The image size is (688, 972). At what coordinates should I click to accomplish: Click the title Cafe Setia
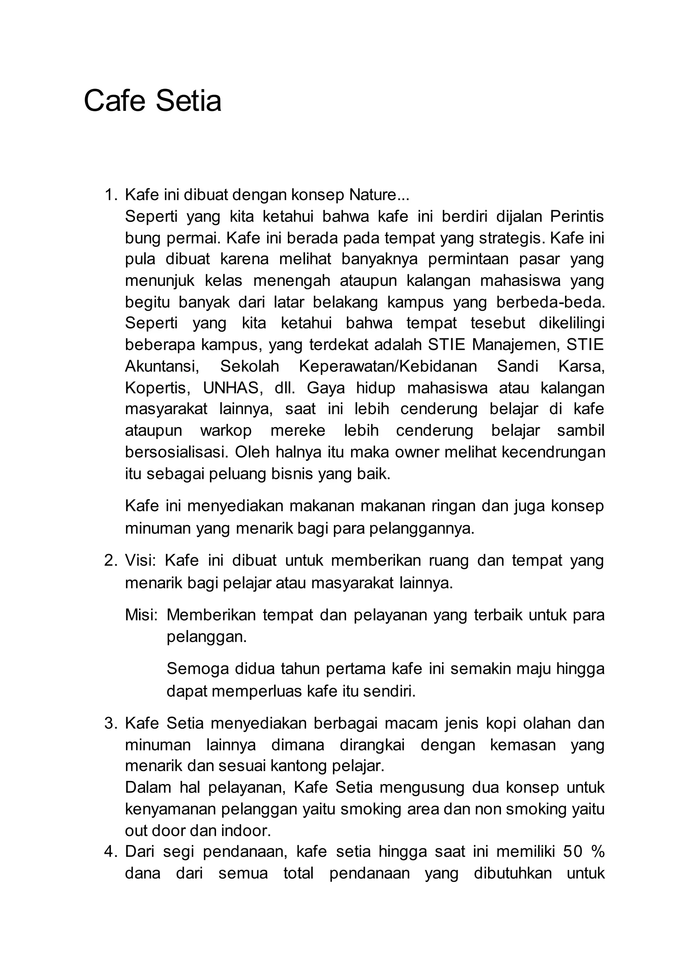(x=153, y=101)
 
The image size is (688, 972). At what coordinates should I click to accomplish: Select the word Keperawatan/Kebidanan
(x=388, y=366)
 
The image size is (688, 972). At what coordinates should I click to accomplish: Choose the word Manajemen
(x=513, y=345)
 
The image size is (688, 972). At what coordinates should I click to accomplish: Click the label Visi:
(x=140, y=561)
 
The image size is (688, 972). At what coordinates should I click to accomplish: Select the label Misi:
(x=141, y=615)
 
